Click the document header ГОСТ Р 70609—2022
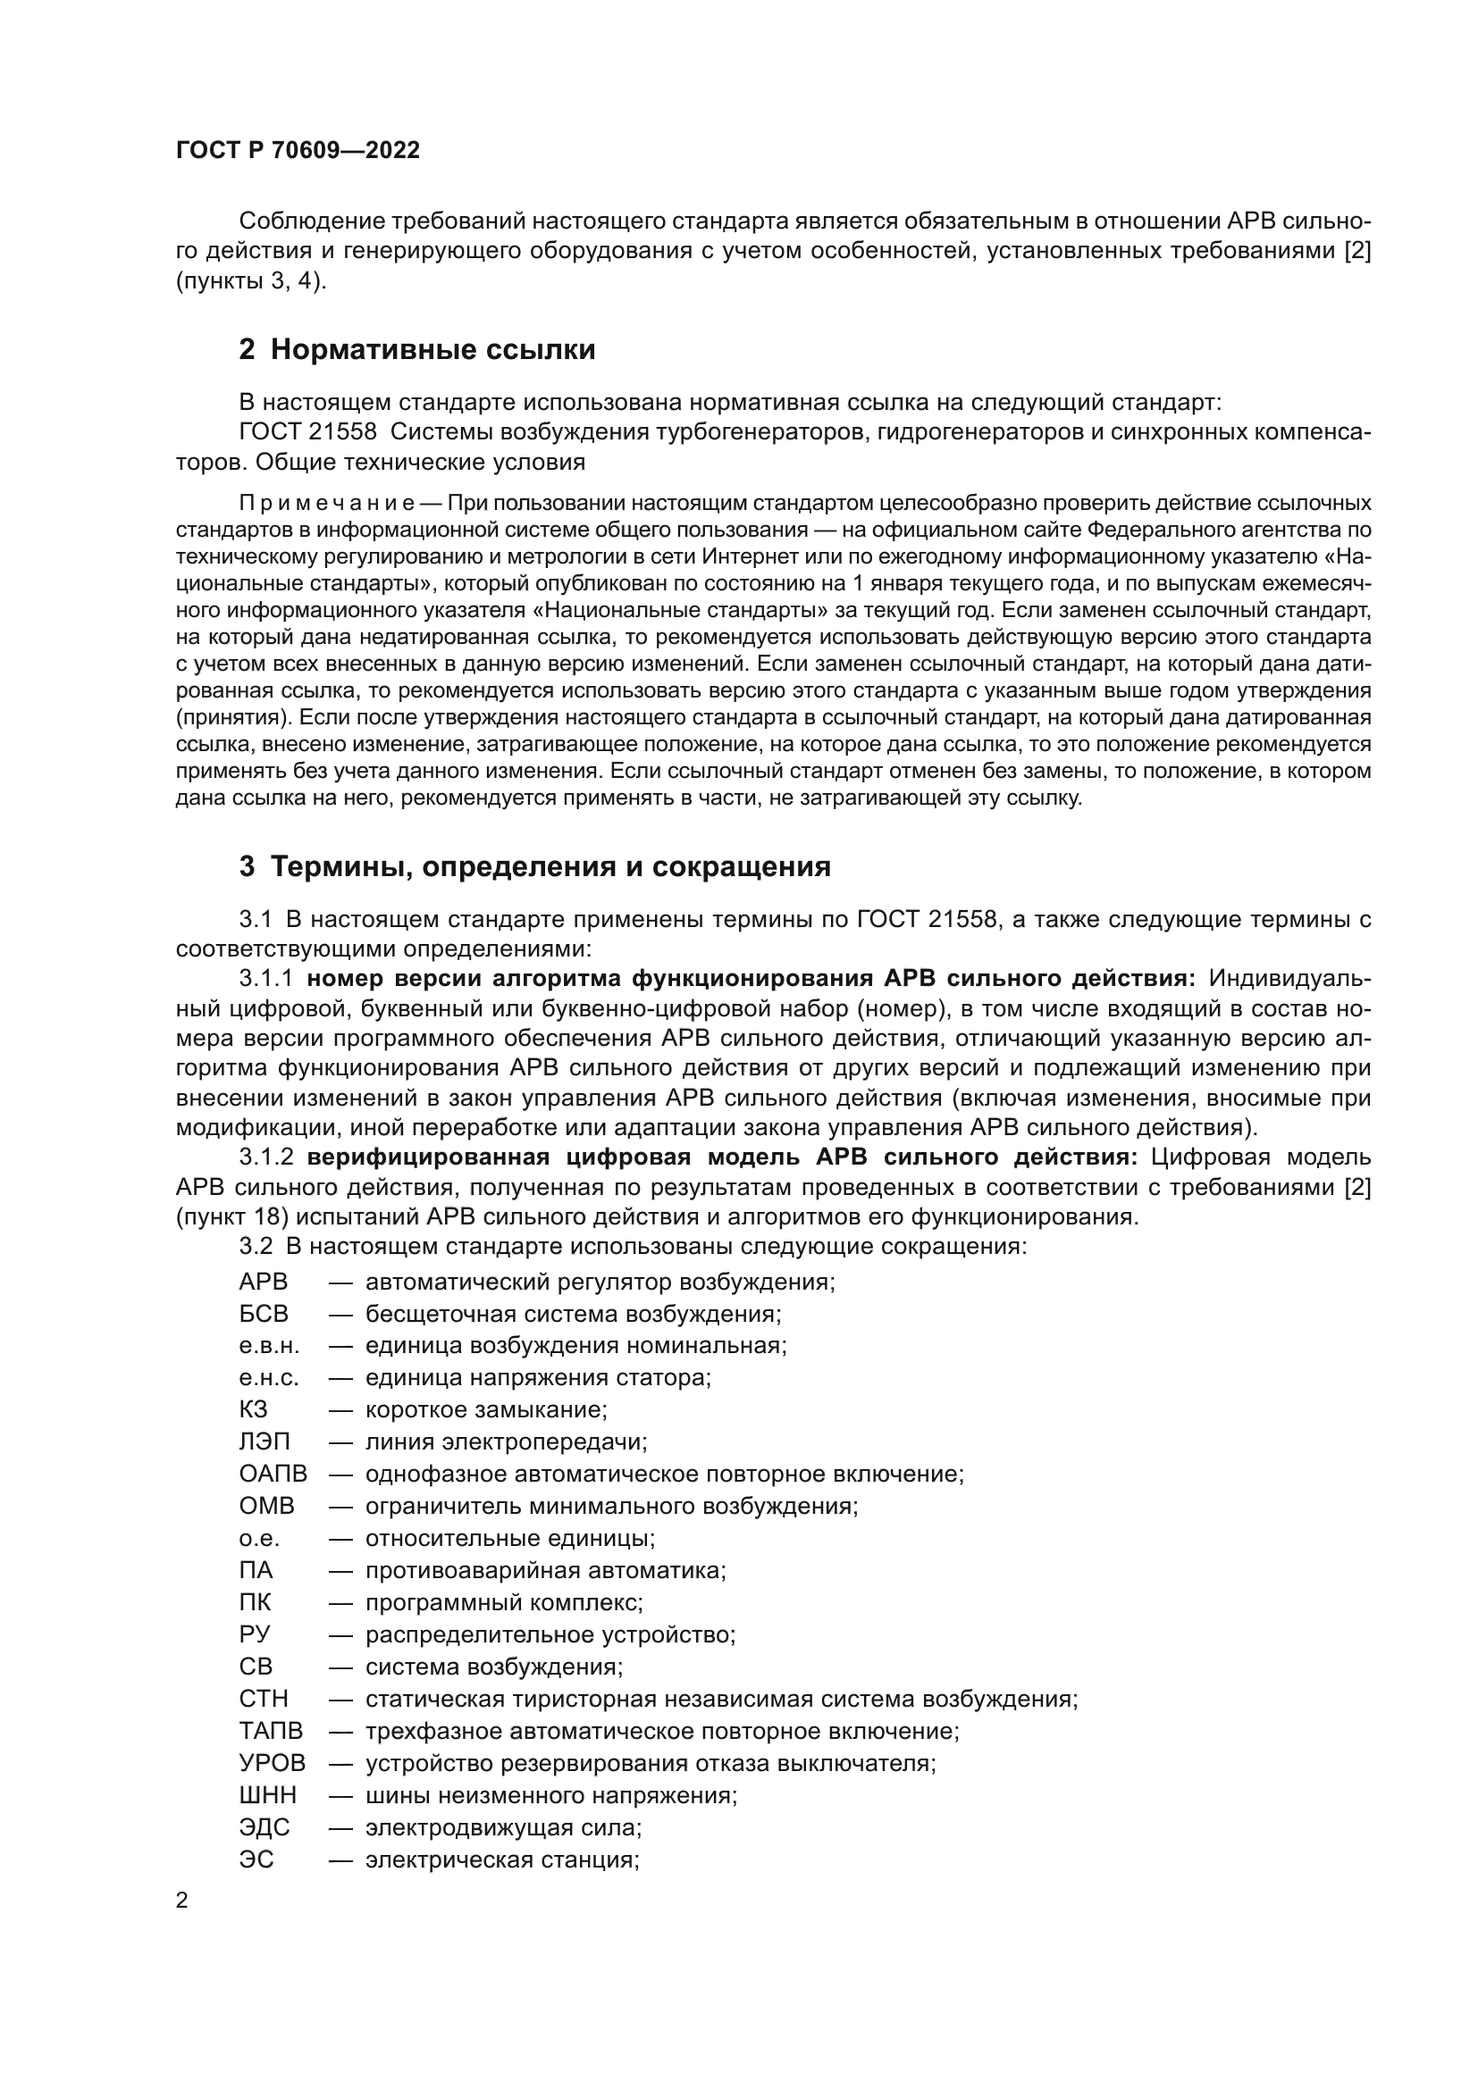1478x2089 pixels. [298, 151]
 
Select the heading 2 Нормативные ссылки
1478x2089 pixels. [416, 349]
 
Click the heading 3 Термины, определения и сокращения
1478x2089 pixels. [535, 866]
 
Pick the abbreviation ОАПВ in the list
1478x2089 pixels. [273, 1474]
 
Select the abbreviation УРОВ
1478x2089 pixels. [273, 1763]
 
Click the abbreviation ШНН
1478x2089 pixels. [267, 1795]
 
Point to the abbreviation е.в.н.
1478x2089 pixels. [268, 1346]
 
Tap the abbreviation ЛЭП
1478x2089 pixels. [265, 1442]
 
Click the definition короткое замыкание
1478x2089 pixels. [486, 1410]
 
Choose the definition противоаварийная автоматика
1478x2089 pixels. [545, 1570]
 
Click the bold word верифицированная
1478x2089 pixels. [429, 1157]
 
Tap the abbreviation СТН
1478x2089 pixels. [264, 1699]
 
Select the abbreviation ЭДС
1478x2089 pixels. [265, 1828]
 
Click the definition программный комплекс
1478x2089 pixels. [504, 1602]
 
